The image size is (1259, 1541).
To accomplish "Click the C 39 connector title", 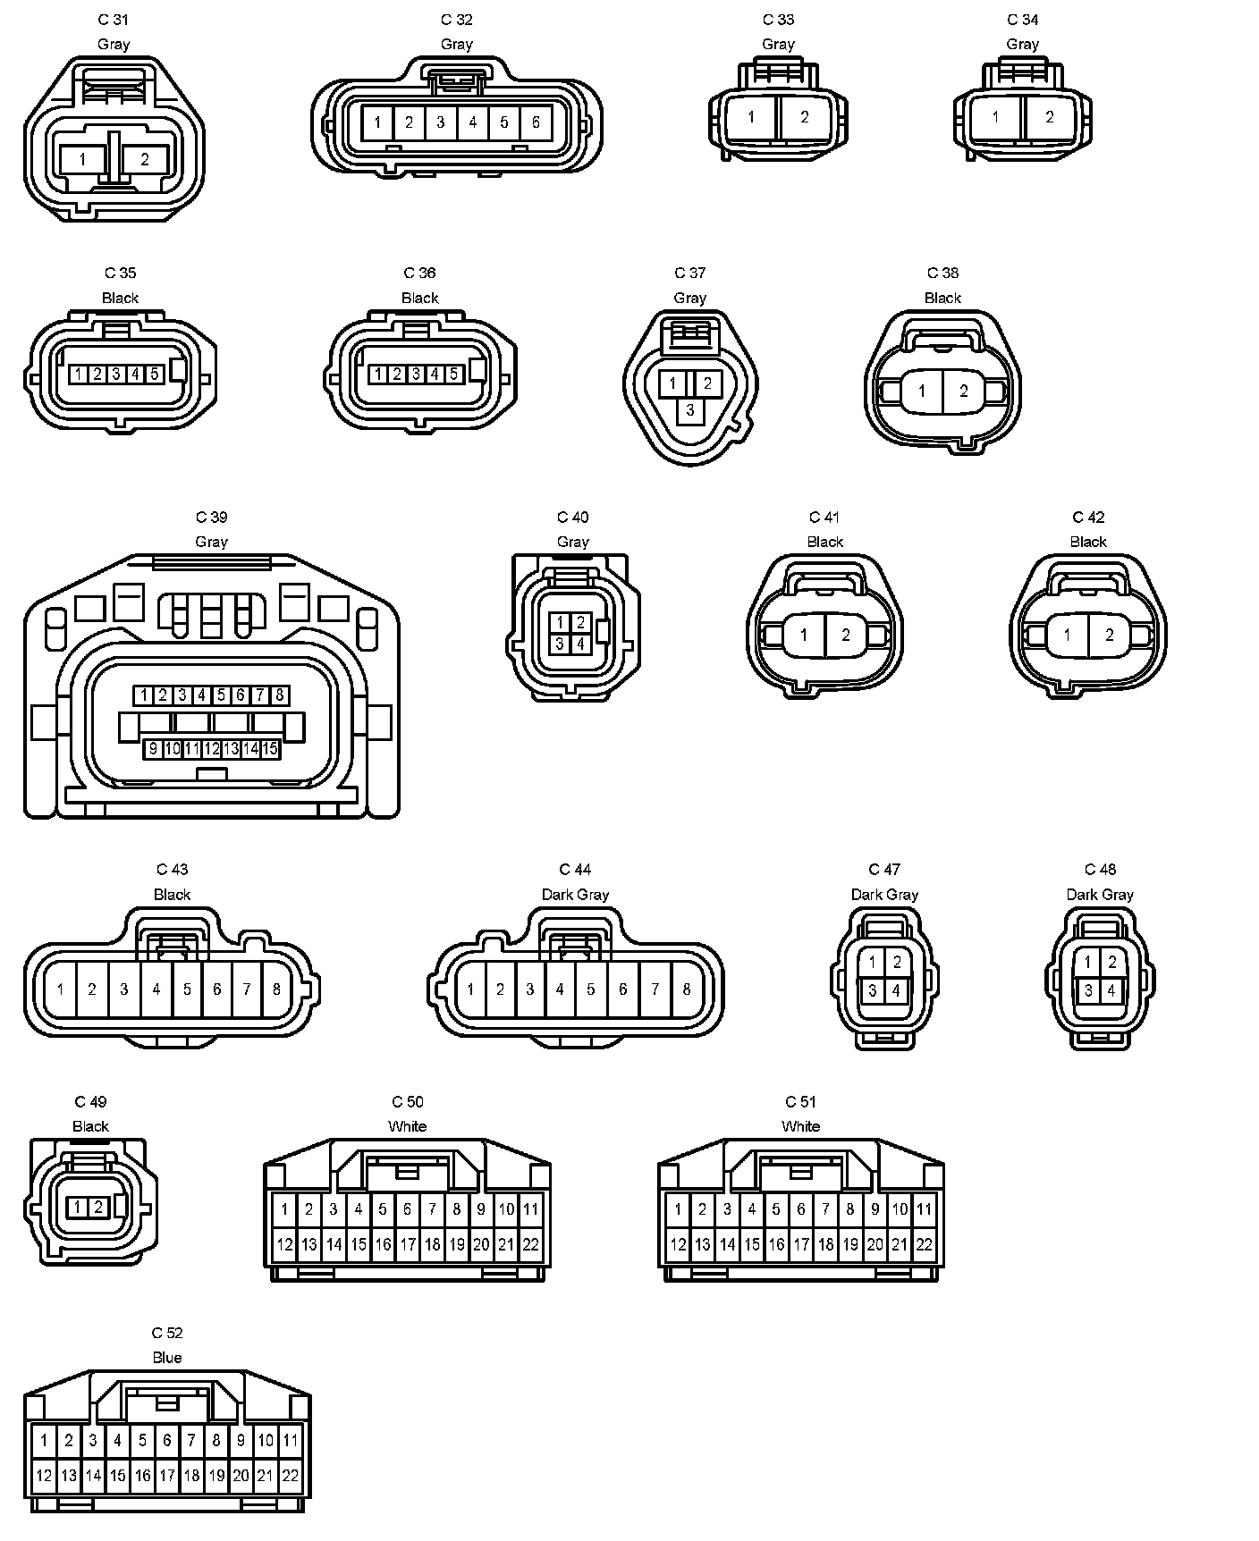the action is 212,518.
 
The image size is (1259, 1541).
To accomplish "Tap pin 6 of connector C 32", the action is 536,122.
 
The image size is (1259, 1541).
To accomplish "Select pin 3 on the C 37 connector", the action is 689,410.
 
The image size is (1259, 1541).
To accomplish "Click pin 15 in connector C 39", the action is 270,748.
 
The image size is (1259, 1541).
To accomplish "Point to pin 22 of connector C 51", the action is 924,1243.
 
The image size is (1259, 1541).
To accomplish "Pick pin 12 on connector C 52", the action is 44,1475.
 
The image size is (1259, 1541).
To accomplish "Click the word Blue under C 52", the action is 167,1358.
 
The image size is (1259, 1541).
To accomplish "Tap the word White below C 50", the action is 407,1126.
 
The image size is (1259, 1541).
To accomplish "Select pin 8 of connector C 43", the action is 276,989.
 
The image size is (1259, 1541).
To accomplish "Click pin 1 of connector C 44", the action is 470,989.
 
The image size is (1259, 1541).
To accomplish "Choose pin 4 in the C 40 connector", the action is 580,643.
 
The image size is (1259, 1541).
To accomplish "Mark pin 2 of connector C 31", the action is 145,160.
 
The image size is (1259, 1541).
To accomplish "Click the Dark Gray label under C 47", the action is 884,895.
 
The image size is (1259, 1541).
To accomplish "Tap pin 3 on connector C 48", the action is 1088,990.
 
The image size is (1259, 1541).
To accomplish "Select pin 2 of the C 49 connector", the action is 97,1208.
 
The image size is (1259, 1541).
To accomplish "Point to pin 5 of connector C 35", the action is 154,374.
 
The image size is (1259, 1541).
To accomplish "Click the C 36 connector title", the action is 420,274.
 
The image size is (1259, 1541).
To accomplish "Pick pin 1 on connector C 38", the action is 922,391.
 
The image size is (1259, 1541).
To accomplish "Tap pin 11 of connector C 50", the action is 530,1209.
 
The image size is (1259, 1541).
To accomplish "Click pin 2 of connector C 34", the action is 1050,117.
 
